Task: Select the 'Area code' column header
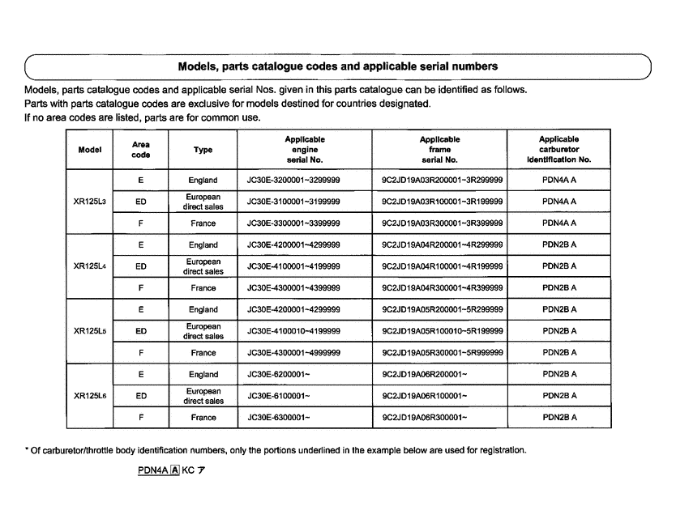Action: pos(141,150)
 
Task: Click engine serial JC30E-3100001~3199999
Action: pos(288,201)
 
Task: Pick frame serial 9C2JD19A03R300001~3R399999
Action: pos(442,223)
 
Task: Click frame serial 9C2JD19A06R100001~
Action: pos(424,396)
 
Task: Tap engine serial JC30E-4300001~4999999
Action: pos(288,353)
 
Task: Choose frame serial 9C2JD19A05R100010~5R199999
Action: pos(442,331)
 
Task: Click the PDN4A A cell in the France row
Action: pos(559,223)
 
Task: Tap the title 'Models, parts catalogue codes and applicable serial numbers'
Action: pos(337,66)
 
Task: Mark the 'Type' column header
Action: pos(203,150)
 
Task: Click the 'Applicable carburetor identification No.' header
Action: pos(559,150)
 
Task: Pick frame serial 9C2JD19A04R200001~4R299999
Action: pos(442,244)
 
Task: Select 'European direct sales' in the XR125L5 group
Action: pos(203,331)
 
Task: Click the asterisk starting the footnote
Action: pos(26,451)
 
